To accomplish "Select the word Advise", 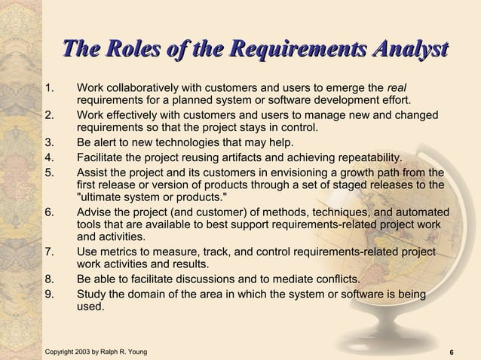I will pos(95,213).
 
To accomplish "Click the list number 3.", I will pos(50,143).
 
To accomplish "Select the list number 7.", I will pos(50,251).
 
